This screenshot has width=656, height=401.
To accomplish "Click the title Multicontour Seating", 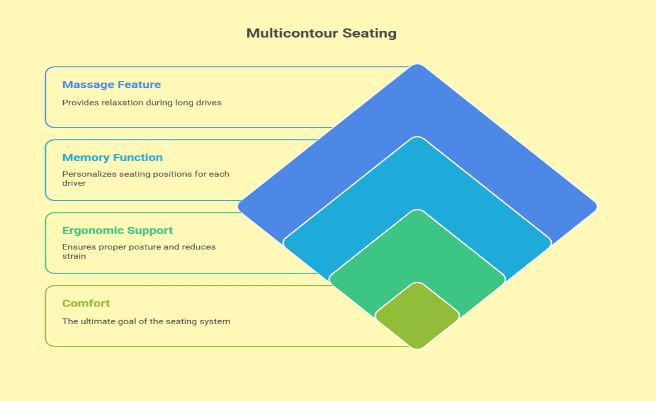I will tap(321, 33).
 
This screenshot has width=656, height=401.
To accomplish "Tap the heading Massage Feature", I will tap(112, 85).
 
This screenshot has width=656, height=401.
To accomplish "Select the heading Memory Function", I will tap(112, 158).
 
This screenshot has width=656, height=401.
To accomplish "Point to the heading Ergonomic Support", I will tap(117, 231).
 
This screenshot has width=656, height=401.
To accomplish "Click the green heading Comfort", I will tap(86, 304).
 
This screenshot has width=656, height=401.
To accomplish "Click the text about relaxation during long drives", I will tap(141, 103).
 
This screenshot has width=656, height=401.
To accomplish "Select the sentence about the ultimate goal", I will tap(146, 321).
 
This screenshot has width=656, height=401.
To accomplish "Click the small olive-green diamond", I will tap(417, 316).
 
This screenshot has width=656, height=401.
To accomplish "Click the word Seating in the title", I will tap(370, 33).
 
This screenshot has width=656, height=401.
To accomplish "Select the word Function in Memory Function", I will tap(138, 158).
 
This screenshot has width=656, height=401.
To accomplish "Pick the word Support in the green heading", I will tap(150, 231).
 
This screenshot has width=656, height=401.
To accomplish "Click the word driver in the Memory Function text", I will tap(74, 183).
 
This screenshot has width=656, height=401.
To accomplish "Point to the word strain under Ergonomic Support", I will tap(74, 256).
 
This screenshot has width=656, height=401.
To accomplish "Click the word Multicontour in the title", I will tap(292, 33).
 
